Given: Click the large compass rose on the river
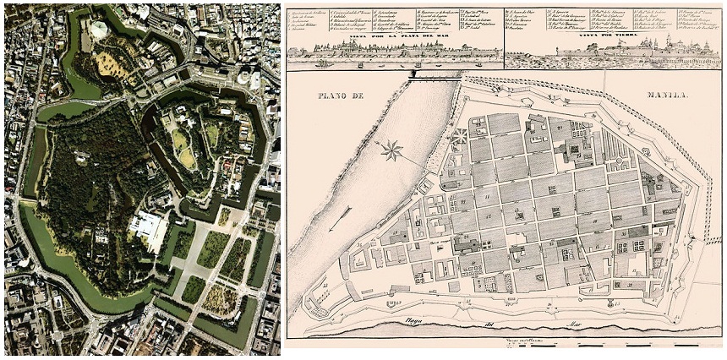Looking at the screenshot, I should [x=391, y=152].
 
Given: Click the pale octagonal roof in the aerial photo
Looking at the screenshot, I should [x=100, y=30].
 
